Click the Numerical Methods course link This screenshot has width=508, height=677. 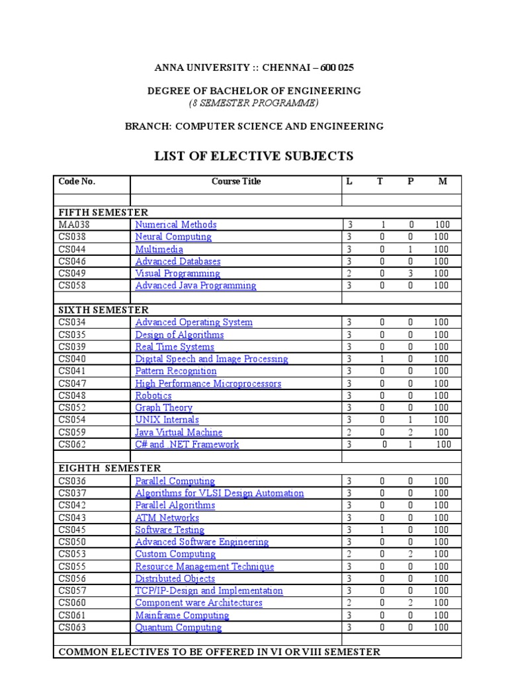point(176,225)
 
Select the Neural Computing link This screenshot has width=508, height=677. point(173,237)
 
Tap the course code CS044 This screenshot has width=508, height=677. point(72,249)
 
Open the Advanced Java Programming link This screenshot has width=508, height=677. point(196,286)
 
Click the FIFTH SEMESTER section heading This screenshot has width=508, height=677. point(103,212)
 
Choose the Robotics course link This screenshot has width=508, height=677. point(153,395)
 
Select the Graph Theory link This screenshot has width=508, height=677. point(164,408)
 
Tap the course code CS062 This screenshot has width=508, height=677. point(72,444)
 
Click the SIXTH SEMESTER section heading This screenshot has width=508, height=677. point(103,310)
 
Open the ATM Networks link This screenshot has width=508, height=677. point(167,518)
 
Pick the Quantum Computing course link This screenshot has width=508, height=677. point(179,627)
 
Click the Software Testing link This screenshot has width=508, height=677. point(170,530)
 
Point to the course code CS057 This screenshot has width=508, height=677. point(72,590)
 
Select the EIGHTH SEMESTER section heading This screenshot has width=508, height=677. point(110,469)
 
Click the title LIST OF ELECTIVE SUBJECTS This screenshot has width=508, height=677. point(254,156)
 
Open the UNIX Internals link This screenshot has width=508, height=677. point(167,420)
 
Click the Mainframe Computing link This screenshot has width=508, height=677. point(182,615)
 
